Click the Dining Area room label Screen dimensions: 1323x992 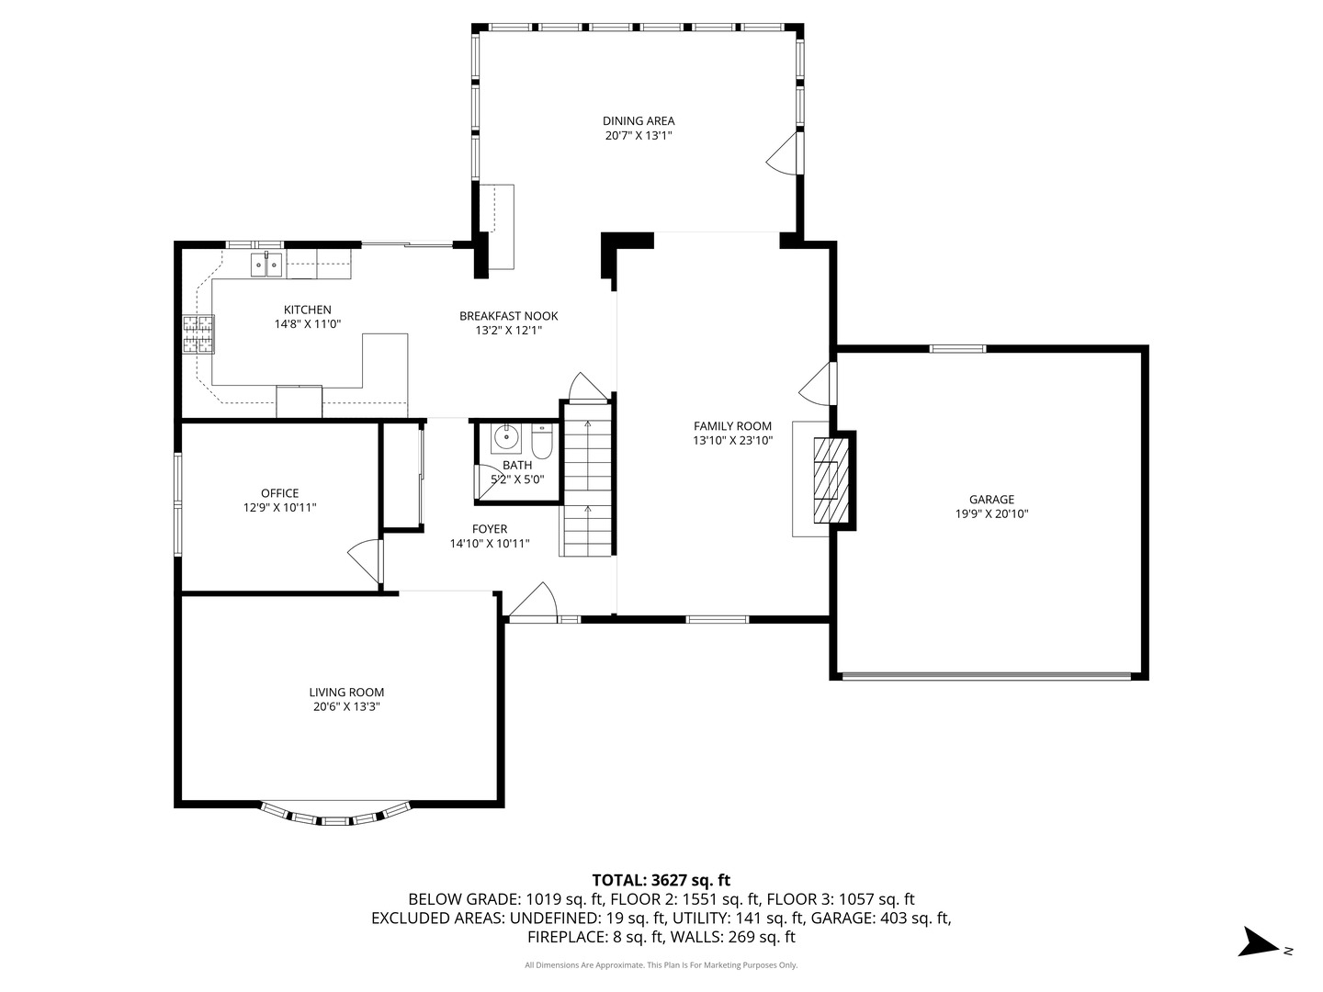[x=639, y=121]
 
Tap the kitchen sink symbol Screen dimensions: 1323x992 [x=266, y=264]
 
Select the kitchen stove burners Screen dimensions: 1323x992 [x=198, y=333]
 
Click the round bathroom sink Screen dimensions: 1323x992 [x=505, y=438]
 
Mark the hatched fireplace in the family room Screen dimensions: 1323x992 [x=831, y=479]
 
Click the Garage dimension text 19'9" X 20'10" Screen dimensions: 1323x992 [x=991, y=513]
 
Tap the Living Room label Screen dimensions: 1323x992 [x=346, y=693]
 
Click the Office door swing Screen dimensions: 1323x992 [x=366, y=560]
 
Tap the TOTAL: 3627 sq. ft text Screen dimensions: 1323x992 [x=661, y=880]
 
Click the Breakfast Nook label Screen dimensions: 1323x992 [x=509, y=316]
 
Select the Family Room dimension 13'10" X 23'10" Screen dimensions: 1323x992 [x=733, y=440]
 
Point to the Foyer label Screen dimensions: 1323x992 [x=490, y=529]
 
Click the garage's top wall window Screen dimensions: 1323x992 [x=957, y=349]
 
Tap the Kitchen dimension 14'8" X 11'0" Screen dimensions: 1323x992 [x=308, y=324]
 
